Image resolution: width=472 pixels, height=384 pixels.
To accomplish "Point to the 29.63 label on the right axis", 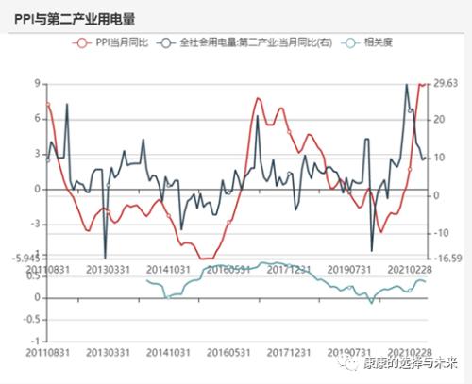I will click(x=445, y=83).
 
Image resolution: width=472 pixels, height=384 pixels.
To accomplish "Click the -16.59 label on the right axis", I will click(x=445, y=257).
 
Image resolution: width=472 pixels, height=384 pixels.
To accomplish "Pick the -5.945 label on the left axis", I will click(x=26, y=258).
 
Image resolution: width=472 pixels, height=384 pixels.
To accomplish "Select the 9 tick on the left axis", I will click(x=37, y=83).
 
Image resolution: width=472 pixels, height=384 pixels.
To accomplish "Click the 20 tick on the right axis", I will click(x=439, y=120).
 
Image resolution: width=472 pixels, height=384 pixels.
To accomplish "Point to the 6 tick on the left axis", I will click(x=37, y=118).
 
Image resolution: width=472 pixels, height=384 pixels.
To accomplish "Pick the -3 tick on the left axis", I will click(x=35, y=224).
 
